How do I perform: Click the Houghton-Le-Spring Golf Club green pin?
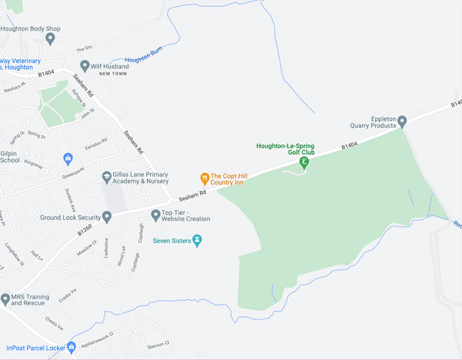304,162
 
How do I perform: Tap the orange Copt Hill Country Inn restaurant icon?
204,178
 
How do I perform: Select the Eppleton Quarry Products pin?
402,121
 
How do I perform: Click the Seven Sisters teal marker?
197,241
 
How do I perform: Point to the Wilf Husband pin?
85,66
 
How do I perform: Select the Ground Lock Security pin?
107,217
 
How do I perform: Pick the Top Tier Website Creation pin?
155,215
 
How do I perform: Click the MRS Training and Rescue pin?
5,299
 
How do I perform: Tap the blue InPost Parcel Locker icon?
71,347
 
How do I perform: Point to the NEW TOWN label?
113,73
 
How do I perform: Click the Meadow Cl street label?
86,247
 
